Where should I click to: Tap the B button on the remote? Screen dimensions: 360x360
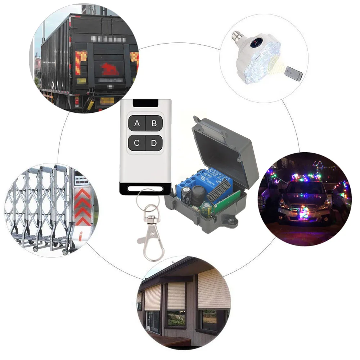coord(154,123)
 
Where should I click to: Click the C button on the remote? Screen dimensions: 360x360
coord(137,143)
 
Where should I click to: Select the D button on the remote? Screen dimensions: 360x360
coord(154,143)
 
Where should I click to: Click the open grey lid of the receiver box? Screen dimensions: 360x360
coord(225,148)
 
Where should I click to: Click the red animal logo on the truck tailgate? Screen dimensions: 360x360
coord(108,68)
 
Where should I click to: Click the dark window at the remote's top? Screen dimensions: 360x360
coord(145,103)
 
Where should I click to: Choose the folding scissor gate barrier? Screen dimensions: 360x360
coord(40,209)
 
